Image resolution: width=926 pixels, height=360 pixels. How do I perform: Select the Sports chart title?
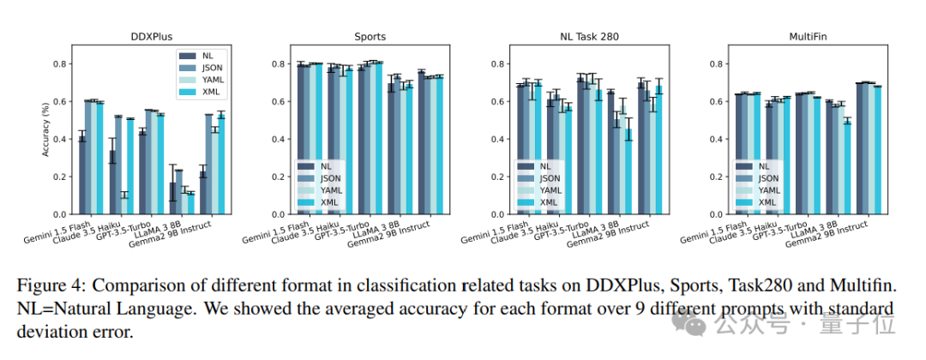click(370, 37)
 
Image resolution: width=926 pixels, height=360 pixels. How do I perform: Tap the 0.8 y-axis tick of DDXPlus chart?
click(61, 63)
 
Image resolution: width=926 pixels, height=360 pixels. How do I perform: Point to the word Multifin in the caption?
click(862, 283)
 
